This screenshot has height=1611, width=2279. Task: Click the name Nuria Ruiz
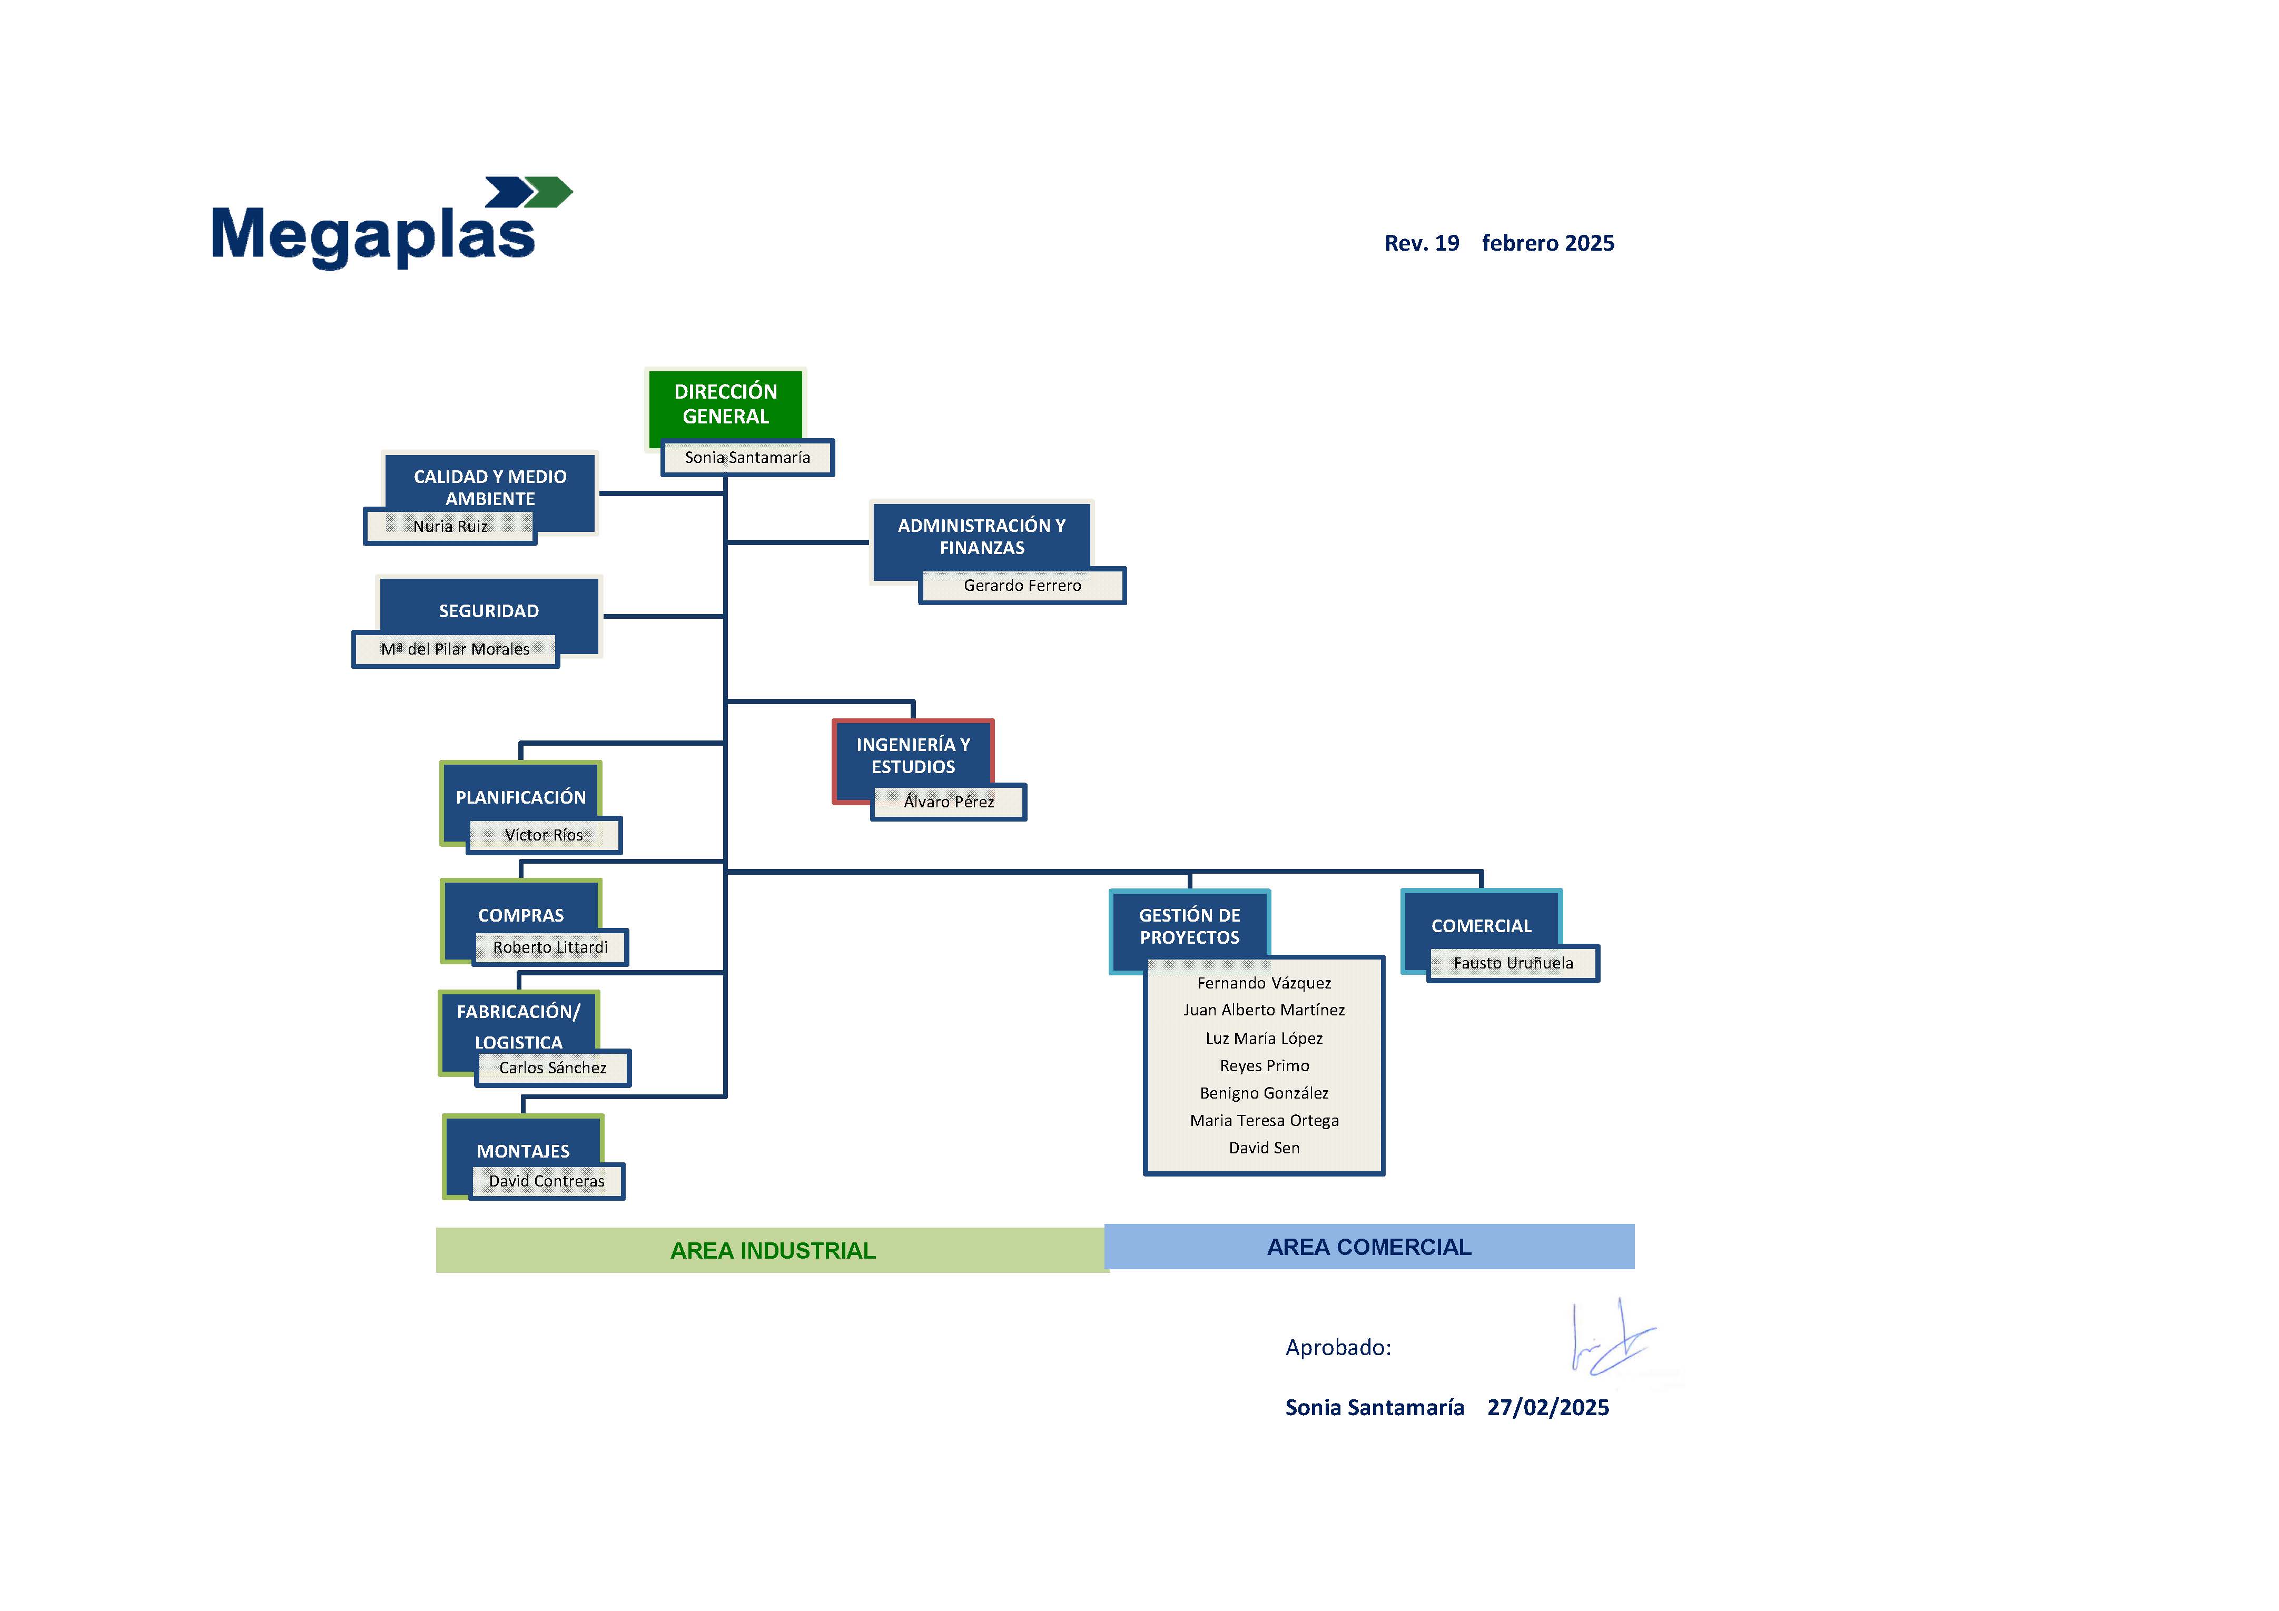[451, 526]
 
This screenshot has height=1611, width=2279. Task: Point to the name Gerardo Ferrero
[1022, 586]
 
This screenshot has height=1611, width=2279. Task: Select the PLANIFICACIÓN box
[521, 799]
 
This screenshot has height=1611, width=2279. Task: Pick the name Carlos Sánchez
[553, 1068]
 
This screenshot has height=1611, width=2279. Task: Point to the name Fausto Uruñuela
[1514, 963]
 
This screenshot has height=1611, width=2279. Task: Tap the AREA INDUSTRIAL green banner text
[773, 1251]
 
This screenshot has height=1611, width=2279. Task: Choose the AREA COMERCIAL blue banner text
[1370, 1248]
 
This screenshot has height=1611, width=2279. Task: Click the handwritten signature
[1613, 1338]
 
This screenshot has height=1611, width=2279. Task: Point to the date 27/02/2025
[1548, 1408]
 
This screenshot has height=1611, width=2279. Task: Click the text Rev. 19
[1423, 243]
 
